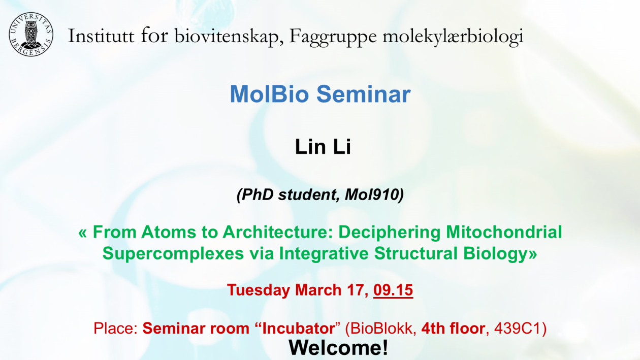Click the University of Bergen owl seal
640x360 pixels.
[31, 35]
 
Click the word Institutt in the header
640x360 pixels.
[101, 36]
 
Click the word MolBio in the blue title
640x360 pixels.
[269, 94]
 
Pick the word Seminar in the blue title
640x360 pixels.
[364, 94]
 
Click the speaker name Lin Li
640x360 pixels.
[323, 147]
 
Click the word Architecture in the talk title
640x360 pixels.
[278, 232]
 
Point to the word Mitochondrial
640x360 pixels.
[504, 232]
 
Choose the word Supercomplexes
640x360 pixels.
[173, 254]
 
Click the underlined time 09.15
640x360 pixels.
[393, 290]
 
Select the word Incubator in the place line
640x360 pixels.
[298, 329]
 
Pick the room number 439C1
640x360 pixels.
[517, 329]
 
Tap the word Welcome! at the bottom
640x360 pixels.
[339, 348]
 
